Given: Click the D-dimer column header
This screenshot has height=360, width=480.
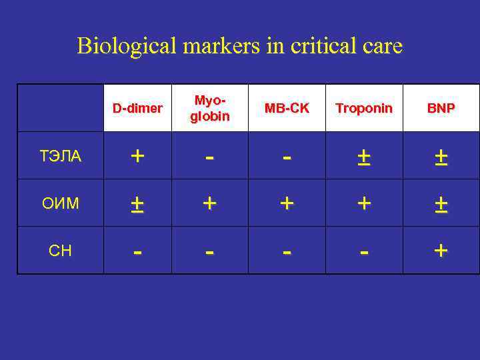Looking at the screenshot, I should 137,108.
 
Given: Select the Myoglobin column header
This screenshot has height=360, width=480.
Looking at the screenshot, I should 210,108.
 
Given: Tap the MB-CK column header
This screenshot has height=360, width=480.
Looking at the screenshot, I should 287,108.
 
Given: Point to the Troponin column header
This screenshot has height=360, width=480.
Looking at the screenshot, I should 364,108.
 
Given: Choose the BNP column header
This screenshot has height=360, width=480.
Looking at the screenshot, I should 441,108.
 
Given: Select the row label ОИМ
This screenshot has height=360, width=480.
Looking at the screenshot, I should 61,203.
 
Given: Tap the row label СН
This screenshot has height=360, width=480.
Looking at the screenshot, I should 61,251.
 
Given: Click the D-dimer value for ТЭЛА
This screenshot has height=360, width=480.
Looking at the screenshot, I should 137,156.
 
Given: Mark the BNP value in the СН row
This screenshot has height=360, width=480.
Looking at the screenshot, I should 441,251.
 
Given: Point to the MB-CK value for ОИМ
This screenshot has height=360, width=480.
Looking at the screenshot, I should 287,203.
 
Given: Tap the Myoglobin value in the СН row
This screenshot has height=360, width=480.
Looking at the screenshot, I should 210,252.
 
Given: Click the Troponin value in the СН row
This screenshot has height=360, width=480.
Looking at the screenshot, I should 364,252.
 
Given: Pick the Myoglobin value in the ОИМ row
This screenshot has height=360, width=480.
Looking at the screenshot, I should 210,203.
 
